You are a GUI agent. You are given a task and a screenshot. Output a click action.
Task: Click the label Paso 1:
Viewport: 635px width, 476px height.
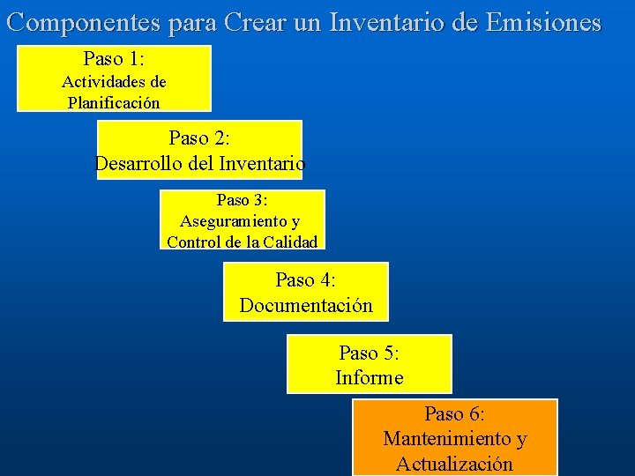click(114, 59)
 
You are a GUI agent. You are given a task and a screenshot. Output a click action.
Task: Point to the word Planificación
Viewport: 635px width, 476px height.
click(114, 102)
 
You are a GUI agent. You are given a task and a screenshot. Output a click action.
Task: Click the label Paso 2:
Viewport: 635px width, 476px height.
click(199, 138)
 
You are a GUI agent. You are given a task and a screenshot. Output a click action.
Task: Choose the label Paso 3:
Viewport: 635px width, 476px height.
click(242, 200)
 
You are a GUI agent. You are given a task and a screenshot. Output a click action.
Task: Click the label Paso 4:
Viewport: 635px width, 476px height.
click(305, 280)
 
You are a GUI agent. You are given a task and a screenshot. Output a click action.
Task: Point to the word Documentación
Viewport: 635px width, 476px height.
click(306, 306)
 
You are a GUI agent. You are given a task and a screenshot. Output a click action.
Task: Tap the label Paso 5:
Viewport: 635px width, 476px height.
click(369, 353)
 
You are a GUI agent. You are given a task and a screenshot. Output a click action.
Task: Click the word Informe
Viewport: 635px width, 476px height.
click(369, 378)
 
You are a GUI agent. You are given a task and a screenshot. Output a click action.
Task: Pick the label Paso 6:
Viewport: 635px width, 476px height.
click(454, 413)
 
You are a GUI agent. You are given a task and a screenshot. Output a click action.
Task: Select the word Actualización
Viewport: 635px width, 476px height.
click(454, 464)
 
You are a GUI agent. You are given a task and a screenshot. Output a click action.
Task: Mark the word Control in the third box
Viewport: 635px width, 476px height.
click(193, 242)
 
